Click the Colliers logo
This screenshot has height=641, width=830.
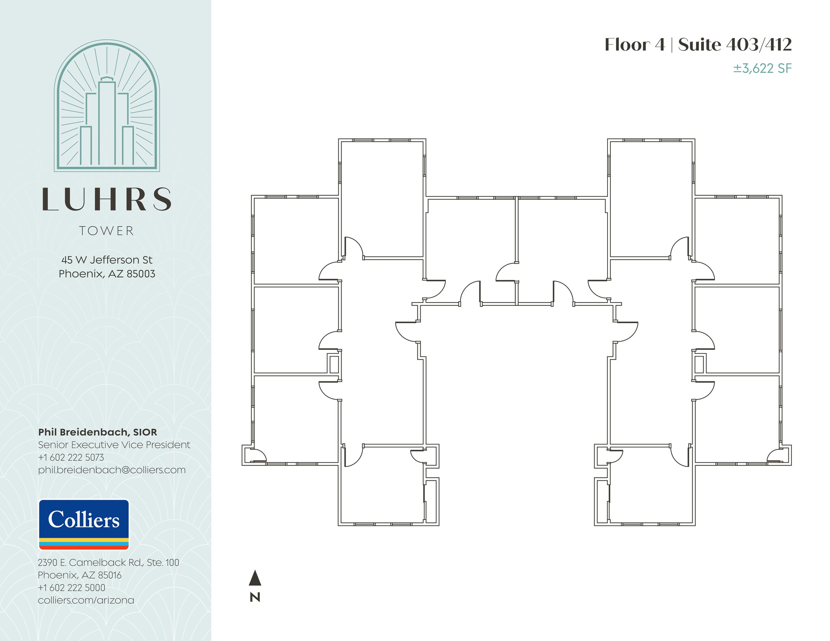coord(84,524)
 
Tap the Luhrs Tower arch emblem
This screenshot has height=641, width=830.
coord(107,105)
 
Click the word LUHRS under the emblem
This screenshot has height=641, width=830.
coord(107,199)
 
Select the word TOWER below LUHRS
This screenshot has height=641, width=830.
coord(107,231)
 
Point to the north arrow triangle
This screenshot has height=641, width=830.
coord(255,578)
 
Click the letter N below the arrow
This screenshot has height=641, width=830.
coord(255,597)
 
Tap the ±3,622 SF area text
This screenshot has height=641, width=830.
coord(762,68)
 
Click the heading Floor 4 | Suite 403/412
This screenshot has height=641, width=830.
coord(698,45)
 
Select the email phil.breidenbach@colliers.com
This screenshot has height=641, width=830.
coord(112,470)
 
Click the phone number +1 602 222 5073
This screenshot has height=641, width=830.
coord(71,458)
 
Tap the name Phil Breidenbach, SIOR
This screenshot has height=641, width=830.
coord(98,432)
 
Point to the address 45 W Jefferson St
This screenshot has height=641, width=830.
coord(107,260)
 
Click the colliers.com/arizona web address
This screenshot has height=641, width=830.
coord(86,600)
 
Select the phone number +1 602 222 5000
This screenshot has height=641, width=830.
coord(71,588)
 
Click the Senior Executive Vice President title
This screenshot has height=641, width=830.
coord(114,445)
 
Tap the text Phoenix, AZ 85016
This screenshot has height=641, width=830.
coord(79,575)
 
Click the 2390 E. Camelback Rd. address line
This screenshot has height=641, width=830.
coord(108,562)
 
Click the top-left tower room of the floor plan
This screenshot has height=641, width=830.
coord(382,198)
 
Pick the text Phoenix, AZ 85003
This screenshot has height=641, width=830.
coord(107,274)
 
